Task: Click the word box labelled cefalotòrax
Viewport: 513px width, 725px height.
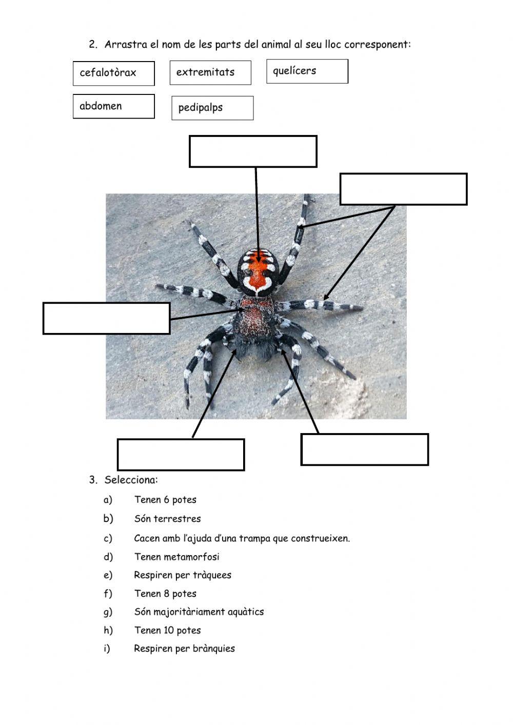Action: (x=113, y=73)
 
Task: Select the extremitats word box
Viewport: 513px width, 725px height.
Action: (x=210, y=73)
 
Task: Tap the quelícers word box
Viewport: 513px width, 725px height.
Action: (x=307, y=71)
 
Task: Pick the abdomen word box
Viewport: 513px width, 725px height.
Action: (x=113, y=106)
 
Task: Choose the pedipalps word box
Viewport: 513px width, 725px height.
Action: (x=212, y=108)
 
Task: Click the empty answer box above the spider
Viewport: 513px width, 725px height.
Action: (x=253, y=151)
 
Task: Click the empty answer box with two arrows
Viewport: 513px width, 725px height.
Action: (x=403, y=189)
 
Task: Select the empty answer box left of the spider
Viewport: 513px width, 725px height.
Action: (x=107, y=318)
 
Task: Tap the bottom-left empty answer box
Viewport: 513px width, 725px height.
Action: (x=181, y=455)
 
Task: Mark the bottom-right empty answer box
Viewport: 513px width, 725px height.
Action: (x=364, y=449)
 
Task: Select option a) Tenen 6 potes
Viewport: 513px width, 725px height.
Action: (x=165, y=500)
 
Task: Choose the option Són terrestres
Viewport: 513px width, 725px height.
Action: (x=168, y=519)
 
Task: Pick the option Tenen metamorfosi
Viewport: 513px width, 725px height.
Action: (x=176, y=557)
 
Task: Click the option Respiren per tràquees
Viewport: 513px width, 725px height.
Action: (x=183, y=575)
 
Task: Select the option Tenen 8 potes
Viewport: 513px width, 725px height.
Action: (x=165, y=594)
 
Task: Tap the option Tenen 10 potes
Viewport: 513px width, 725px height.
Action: (x=168, y=630)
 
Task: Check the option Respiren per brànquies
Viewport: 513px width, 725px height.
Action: (x=185, y=649)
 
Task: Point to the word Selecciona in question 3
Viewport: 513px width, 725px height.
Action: (x=131, y=480)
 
